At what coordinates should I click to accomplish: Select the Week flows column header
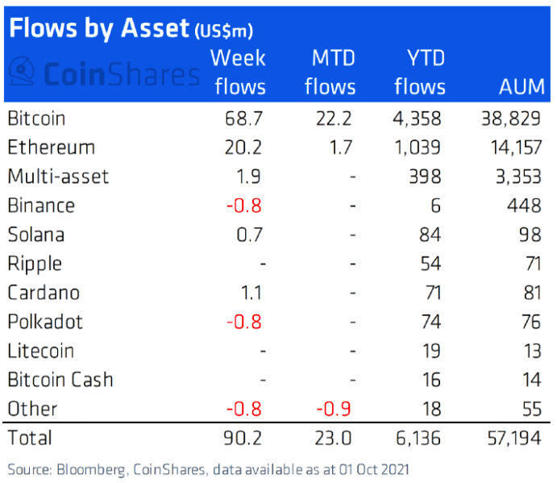pos(239,72)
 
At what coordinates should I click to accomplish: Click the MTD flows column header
pos(330,72)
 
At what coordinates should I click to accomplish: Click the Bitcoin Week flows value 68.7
pos(245,119)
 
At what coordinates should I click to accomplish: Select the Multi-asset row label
pos(57,177)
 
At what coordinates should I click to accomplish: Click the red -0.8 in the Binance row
pos(243,206)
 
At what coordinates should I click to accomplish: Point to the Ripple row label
pos(35,264)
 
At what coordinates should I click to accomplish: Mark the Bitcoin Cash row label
pos(60,380)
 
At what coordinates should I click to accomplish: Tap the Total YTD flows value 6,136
pos(418,438)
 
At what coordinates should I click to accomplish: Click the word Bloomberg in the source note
pos(89,469)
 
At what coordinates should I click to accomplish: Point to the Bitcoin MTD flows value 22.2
pos(336,119)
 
